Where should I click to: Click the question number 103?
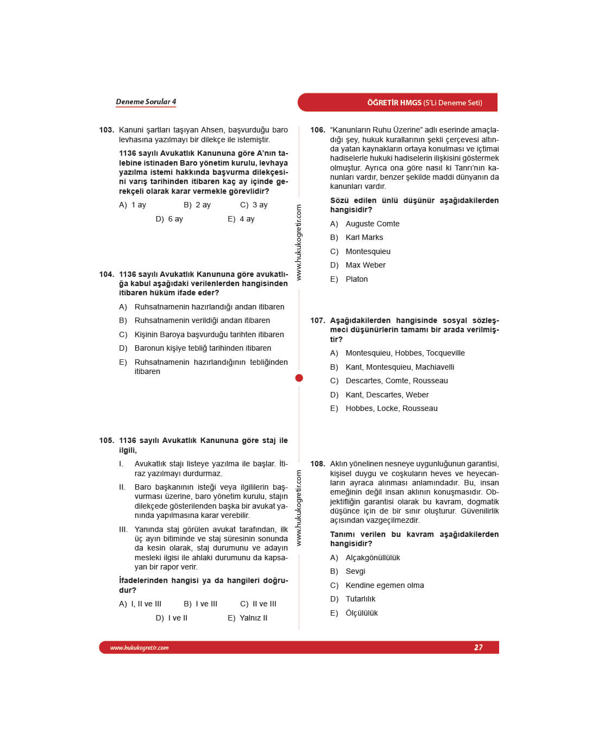(x=106, y=130)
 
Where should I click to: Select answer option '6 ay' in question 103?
(x=175, y=219)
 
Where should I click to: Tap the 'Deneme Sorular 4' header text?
(x=146, y=102)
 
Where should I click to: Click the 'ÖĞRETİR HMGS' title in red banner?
(x=394, y=103)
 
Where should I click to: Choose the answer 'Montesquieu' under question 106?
(x=368, y=251)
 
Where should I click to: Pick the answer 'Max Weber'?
(x=365, y=265)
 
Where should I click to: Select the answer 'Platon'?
(x=356, y=279)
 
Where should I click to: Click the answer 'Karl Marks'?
(x=364, y=237)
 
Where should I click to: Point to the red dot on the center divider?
(x=299, y=378)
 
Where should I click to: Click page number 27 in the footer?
(x=478, y=647)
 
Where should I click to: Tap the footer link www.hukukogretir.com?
(x=140, y=648)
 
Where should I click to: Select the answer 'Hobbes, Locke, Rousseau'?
(x=391, y=408)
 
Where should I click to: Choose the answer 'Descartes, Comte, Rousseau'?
(x=396, y=381)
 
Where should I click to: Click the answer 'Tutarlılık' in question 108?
(x=360, y=599)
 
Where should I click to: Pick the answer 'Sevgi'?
(x=355, y=571)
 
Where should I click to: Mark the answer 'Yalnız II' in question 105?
(x=253, y=618)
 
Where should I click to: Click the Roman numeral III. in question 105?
(x=123, y=529)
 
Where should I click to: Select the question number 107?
(x=318, y=321)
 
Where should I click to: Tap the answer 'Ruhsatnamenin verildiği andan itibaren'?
(x=202, y=320)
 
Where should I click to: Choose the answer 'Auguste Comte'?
(x=372, y=224)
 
